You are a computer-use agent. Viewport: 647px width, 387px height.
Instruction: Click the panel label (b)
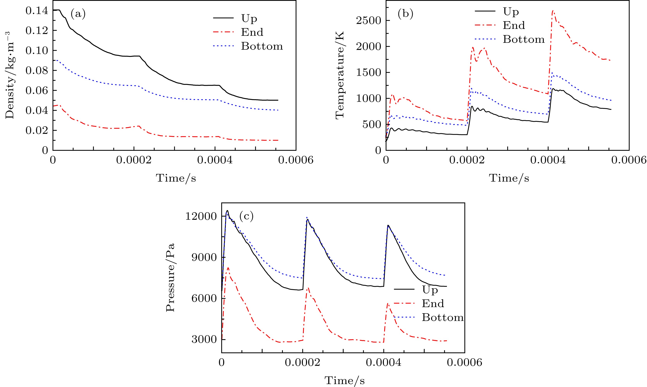[x=406, y=14]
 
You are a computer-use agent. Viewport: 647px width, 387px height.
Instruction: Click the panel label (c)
[x=246, y=216]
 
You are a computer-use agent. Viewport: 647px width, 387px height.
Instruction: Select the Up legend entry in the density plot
[x=249, y=18]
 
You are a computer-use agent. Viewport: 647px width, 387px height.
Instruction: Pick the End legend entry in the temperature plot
[x=514, y=25]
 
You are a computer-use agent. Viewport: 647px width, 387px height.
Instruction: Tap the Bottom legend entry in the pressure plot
[x=443, y=317]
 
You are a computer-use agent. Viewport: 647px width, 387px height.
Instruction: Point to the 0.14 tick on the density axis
[x=37, y=10]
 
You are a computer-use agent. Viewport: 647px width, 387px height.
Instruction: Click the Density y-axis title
[x=10, y=75]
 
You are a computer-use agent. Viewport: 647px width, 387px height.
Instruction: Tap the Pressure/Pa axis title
[x=170, y=277]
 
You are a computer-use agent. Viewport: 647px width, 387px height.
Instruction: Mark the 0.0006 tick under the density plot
[x=296, y=160]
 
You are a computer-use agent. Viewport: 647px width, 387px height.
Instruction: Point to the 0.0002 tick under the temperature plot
[x=467, y=160]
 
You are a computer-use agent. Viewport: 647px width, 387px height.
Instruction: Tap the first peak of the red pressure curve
[x=228, y=268]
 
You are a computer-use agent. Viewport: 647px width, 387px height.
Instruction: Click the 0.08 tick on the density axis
[x=37, y=70]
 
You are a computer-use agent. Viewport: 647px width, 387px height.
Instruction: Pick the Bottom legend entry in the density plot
[x=262, y=46]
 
